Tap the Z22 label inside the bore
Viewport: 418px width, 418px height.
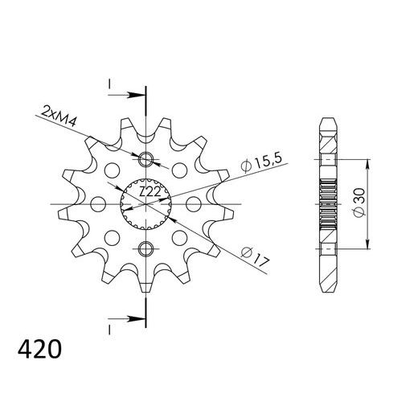point(147,193)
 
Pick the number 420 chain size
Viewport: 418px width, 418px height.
point(38,350)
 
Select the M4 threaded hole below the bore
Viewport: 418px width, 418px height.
point(145,246)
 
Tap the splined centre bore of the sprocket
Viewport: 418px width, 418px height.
point(145,202)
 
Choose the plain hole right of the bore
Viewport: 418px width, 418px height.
point(191,202)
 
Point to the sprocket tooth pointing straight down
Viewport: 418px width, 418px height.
point(145,285)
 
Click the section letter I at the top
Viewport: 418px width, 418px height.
point(108,84)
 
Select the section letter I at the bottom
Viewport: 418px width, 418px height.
point(108,327)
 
